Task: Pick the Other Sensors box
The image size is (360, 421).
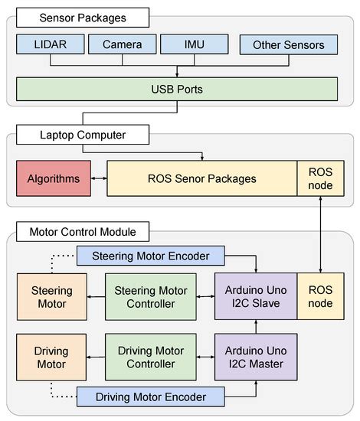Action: [288, 45]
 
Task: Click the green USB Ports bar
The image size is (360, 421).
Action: [178, 88]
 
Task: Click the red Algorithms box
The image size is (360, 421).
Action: [54, 178]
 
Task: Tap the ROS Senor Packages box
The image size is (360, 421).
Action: [202, 178]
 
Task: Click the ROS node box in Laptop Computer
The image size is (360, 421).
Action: [320, 178]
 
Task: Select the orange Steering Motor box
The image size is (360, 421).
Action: [52, 297]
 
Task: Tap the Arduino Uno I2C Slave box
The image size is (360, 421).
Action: [255, 297]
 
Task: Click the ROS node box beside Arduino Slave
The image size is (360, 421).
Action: [320, 297]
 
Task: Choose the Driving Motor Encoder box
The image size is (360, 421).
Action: [150, 396]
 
